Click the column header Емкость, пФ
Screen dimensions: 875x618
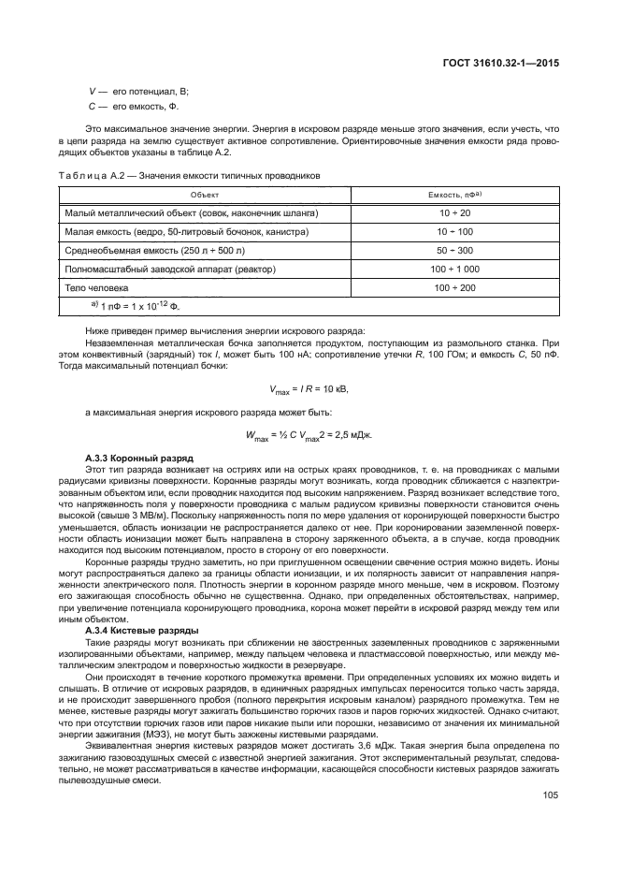(x=454, y=194)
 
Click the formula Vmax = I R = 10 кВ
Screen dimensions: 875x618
(x=309, y=387)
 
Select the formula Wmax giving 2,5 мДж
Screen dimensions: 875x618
(x=309, y=433)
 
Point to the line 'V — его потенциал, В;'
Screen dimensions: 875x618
(x=137, y=90)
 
